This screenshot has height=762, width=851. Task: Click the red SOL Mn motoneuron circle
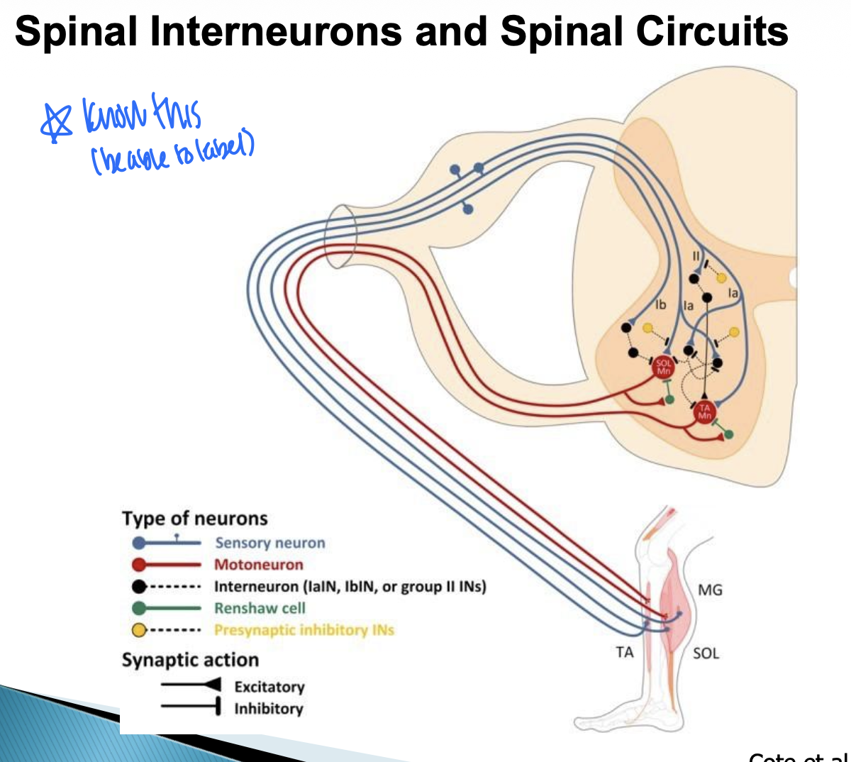(x=664, y=367)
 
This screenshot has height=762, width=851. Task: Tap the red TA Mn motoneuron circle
(x=704, y=412)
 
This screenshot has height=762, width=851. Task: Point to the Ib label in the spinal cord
(x=660, y=304)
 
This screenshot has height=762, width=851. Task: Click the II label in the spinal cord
(x=696, y=256)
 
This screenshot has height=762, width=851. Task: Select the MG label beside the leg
(x=710, y=590)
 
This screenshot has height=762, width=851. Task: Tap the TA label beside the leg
(x=624, y=652)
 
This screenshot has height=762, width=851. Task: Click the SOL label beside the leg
(x=706, y=653)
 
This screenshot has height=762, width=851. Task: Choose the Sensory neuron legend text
(x=270, y=543)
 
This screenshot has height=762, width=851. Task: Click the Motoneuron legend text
(x=259, y=565)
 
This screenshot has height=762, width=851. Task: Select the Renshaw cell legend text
(x=260, y=608)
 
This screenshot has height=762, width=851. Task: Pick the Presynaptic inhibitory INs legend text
(x=304, y=630)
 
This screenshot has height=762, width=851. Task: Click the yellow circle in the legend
(x=139, y=630)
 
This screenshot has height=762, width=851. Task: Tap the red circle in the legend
(x=139, y=565)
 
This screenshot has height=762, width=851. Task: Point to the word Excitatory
(x=269, y=687)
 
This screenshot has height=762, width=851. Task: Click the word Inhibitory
(x=269, y=708)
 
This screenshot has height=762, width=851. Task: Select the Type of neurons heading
(x=195, y=519)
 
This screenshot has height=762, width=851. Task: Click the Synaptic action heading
(x=190, y=660)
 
